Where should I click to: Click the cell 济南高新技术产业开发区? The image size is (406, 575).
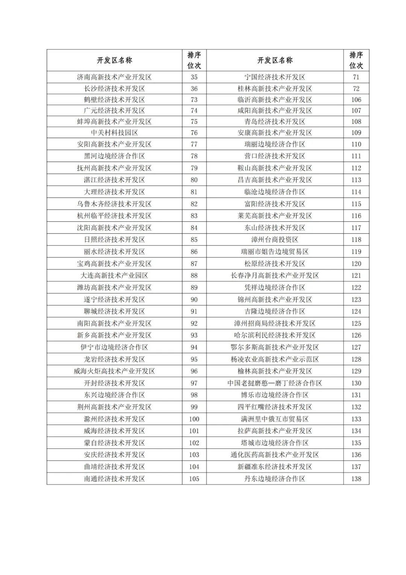point(114,77)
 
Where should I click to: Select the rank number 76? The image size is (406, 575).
point(194,133)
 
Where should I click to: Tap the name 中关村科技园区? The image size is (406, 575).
point(114,133)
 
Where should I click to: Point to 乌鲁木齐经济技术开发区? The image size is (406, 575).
point(114,204)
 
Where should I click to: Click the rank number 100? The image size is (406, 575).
point(194,419)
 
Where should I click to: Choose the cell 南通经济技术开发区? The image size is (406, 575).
point(114,479)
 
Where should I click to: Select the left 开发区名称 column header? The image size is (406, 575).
point(114,60)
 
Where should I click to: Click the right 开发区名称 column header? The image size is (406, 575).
point(275,60)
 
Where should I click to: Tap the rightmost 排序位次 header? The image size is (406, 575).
point(356,60)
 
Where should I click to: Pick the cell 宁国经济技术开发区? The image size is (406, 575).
point(275,77)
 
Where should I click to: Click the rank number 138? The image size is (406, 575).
point(356,479)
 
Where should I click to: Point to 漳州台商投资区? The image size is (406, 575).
point(275,239)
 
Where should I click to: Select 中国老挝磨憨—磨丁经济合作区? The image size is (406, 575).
point(275,383)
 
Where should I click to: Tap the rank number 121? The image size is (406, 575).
point(356,275)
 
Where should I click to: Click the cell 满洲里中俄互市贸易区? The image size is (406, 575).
point(275,419)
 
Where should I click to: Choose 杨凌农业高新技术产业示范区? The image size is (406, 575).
point(275,359)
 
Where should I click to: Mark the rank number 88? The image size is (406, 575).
point(194,275)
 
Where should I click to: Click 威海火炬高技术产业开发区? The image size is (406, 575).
point(114,371)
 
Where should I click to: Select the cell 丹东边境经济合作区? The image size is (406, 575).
point(275,479)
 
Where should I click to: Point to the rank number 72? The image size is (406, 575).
point(356,88)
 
